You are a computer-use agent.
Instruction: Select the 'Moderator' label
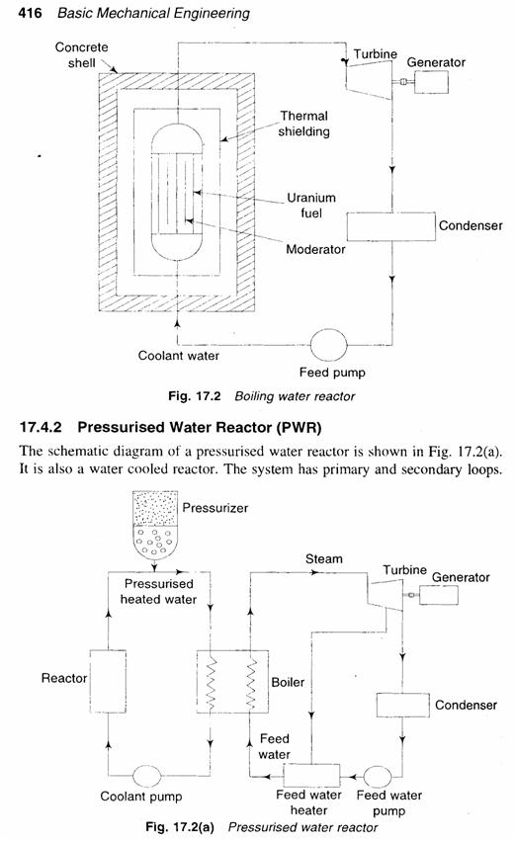[x=315, y=249]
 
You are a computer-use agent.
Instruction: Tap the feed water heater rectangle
[x=310, y=774]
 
